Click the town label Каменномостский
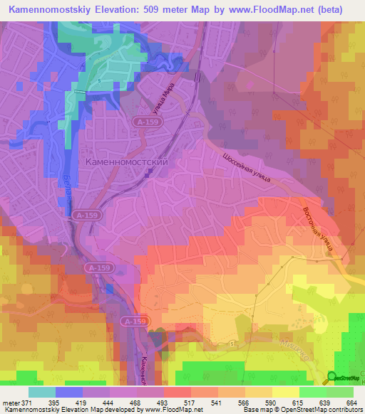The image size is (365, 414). (126, 162)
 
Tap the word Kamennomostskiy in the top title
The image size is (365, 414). (49, 10)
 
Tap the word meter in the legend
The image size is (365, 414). (9, 403)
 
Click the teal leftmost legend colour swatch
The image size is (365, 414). (41, 392)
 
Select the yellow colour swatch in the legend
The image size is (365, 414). (285, 392)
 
